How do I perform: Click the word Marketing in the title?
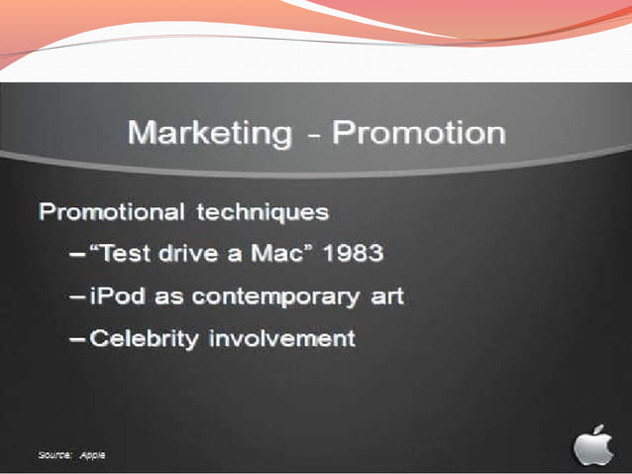click(x=210, y=132)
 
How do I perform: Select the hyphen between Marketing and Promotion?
click(x=313, y=134)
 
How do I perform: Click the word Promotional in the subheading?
click(x=111, y=212)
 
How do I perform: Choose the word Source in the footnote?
click(x=54, y=454)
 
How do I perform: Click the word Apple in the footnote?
click(x=92, y=454)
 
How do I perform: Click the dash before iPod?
click(x=77, y=297)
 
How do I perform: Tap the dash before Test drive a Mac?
click(x=77, y=255)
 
